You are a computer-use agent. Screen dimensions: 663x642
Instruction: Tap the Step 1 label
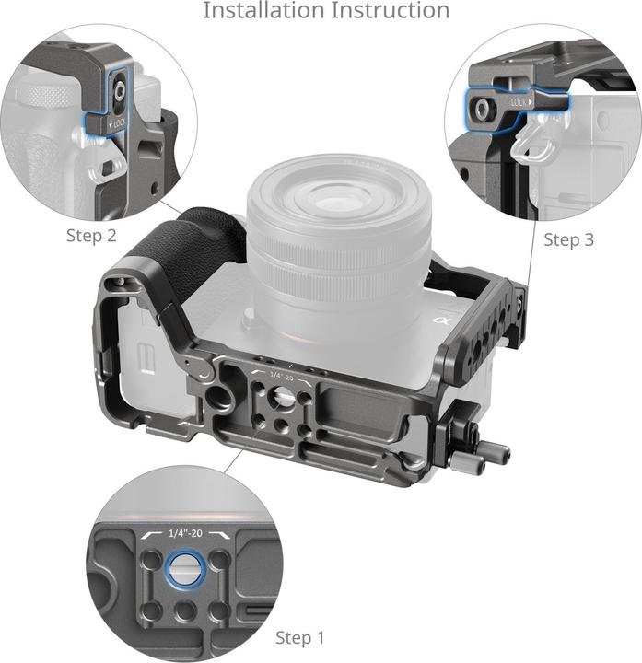[300, 637]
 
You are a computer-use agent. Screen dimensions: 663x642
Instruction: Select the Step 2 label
[91, 235]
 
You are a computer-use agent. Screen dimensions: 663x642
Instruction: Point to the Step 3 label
[568, 239]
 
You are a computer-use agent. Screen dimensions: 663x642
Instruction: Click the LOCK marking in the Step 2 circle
[119, 122]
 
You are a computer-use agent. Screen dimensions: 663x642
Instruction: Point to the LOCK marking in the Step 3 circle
[519, 103]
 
